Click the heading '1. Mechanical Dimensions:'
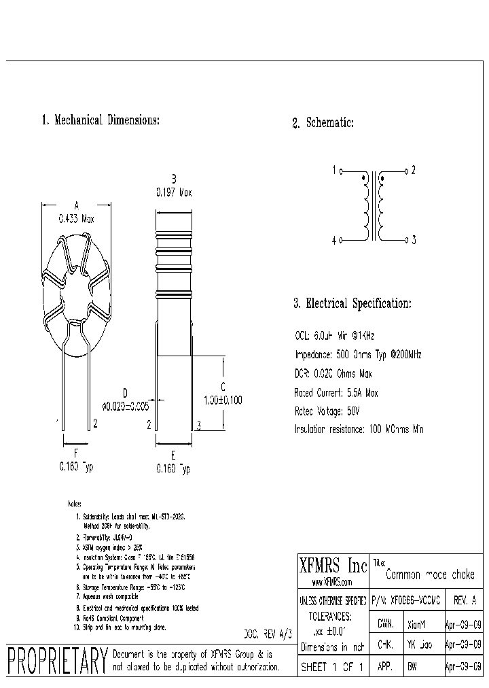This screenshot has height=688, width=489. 101,120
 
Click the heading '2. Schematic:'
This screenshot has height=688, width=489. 323,123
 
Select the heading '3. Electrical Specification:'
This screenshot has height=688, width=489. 352,304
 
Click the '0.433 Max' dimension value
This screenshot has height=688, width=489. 76,219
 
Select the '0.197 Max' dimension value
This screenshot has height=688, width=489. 173,193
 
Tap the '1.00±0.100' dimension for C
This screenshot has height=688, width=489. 223,400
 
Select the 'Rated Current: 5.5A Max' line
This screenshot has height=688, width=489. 336,393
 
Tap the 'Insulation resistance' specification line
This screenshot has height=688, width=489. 359,429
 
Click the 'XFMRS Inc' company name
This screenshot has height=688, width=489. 333,566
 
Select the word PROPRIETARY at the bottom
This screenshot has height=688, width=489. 57,660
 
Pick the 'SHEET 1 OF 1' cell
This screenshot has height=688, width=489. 333,667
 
